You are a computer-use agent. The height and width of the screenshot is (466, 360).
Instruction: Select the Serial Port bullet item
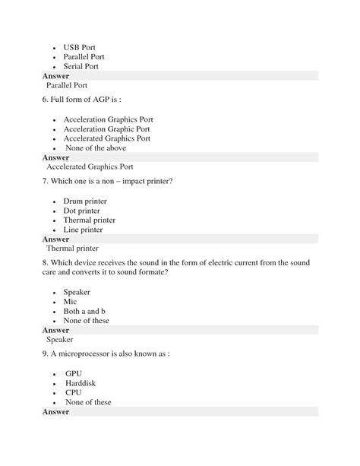coord(81,66)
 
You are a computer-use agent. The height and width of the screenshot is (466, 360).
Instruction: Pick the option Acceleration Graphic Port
coord(106,129)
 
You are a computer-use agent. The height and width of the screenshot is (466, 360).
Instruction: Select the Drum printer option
coord(85,201)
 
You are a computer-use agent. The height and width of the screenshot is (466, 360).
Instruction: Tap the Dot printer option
coord(81,211)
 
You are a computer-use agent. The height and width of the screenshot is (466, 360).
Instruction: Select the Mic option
coord(70,302)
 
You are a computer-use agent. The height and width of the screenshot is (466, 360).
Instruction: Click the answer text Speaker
coord(60,340)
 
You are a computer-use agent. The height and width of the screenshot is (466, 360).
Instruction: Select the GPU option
coord(73,374)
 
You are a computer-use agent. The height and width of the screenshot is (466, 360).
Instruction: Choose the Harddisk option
coord(81,384)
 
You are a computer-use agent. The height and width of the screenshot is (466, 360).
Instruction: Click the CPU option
coord(73,393)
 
